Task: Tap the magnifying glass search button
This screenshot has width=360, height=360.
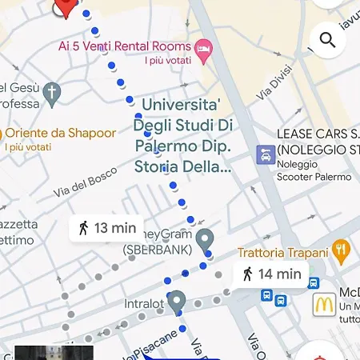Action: [327, 39]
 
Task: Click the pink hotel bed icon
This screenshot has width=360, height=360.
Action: [204, 49]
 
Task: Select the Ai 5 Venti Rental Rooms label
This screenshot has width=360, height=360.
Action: [125, 47]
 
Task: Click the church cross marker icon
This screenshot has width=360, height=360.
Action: [52, 93]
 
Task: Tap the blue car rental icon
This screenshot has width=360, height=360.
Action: [265, 154]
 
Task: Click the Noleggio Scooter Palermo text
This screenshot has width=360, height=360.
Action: [314, 170]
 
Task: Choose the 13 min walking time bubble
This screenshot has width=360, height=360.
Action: [106, 228]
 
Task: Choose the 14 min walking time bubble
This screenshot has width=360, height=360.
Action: [271, 274]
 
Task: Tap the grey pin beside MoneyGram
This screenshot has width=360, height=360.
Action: [206, 238]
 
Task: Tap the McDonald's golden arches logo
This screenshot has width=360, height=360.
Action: [323, 304]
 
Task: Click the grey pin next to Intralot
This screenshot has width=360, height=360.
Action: [177, 301]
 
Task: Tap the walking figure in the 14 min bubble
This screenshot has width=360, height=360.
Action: [248, 274]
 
